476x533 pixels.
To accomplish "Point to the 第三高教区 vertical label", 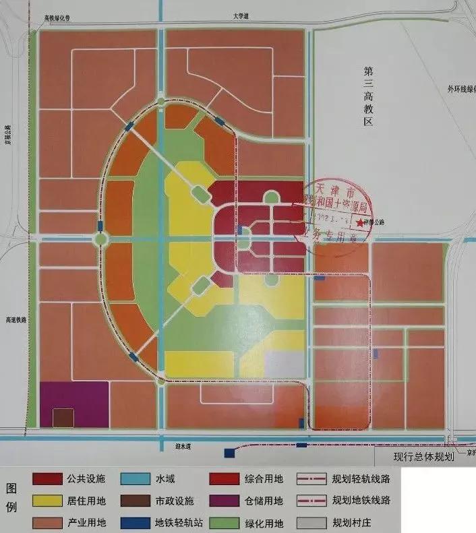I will pos(368,98).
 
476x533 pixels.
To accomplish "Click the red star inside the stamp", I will pos(361,223).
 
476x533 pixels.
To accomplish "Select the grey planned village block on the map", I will pos(285,365).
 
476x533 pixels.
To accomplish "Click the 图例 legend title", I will pos(12,496).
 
